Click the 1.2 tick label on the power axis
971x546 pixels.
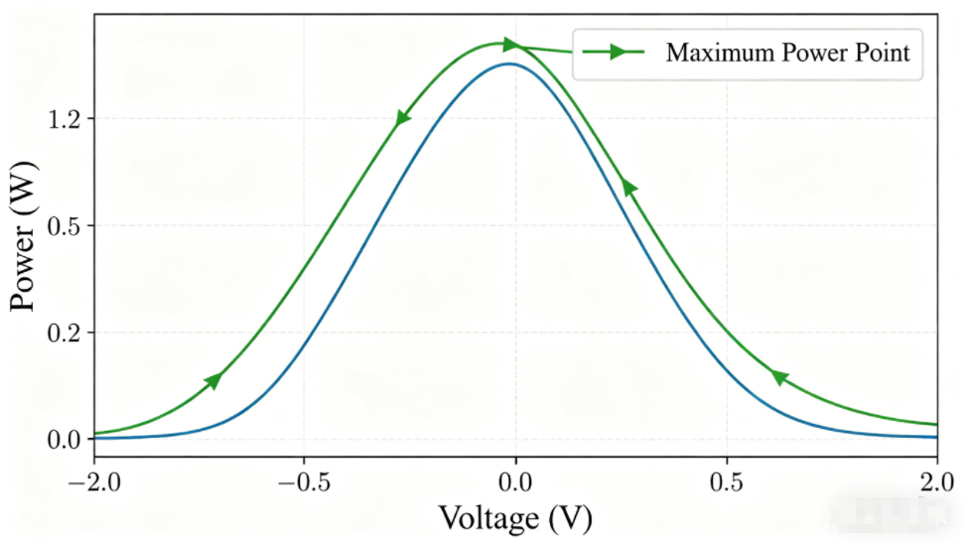coord(67,119)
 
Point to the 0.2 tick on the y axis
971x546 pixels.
coord(67,333)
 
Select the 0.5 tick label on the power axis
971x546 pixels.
coord(67,226)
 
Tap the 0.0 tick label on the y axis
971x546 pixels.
coord(67,439)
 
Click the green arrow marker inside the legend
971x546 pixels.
coord(617,52)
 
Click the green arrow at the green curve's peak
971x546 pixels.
coord(510,45)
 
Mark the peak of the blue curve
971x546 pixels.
coord(509,64)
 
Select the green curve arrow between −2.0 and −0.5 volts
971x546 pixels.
coord(213,380)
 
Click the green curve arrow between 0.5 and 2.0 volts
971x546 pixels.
coord(779,377)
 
